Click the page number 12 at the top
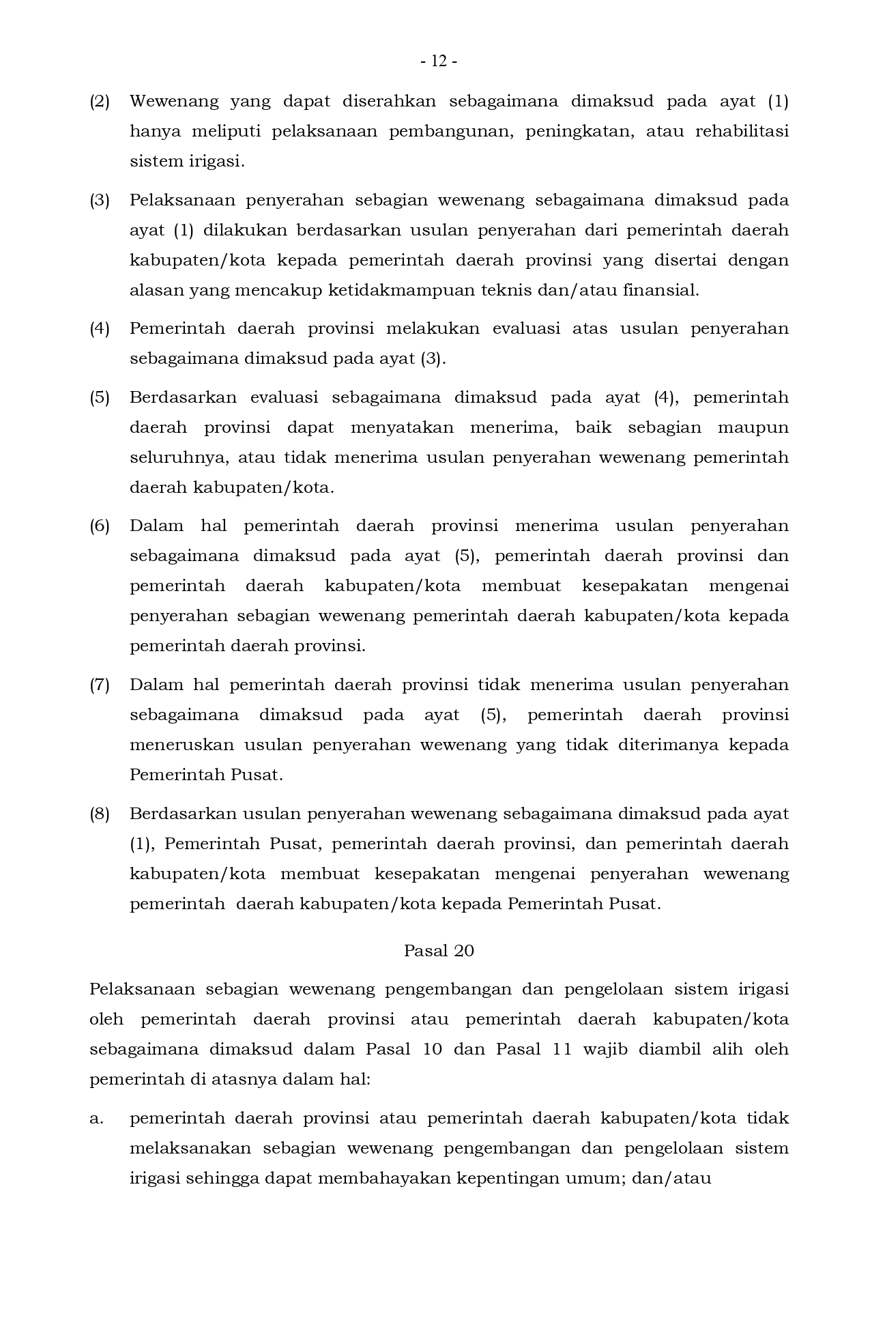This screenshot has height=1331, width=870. pyautogui.click(x=439, y=61)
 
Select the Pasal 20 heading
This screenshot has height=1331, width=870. pyautogui.click(x=439, y=951)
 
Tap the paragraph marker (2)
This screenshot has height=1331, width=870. pyautogui.click(x=100, y=102)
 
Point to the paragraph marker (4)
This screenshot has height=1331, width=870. pyautogui.click(x=100, y=329)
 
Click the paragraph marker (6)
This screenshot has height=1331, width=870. pyautogui.click(x=100, y=526)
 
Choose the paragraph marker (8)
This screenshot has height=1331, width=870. pyautogui.click(x=100, y=814)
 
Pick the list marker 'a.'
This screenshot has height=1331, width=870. pyautogui.click(x=96, y=1119)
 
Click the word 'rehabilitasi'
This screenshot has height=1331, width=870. pyautogui.click(x=742, y=131)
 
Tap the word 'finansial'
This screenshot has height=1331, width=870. pyautogui.click(x=660, y=291)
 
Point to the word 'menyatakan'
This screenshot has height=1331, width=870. pyautogui.click(x=402, y=428)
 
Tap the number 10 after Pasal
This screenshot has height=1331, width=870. pyautogui.click(x=432, y=1049)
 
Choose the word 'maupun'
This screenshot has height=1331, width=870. pyautogui.click(x=753, y=428)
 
